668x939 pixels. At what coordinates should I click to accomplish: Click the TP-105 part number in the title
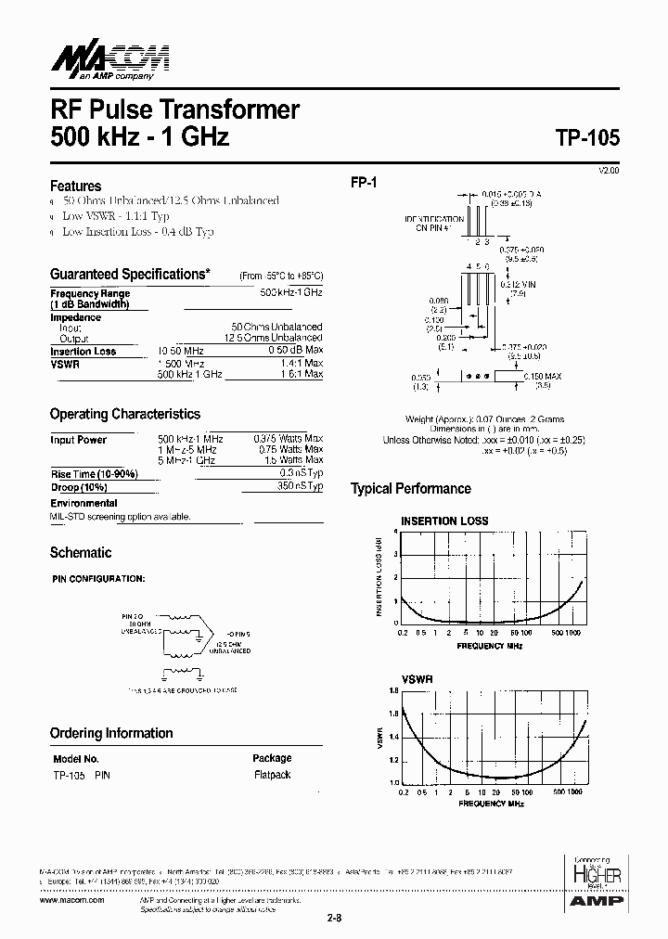[587, 136]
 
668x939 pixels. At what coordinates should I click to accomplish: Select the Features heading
[75, 186]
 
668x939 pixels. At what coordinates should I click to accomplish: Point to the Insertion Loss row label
[83, 352]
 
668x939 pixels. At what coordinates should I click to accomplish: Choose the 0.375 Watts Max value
[288, 439]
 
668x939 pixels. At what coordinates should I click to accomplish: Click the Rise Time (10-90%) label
[94, 474]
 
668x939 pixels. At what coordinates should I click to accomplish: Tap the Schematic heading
[80, 553]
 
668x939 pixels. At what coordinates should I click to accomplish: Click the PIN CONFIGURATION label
[97, 579]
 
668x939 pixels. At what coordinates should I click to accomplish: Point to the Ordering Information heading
[111, 733]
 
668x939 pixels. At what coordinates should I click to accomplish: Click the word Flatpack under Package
[272, 775]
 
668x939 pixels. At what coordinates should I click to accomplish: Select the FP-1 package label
[363, 184]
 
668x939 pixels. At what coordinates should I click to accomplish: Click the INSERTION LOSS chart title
[443, 521]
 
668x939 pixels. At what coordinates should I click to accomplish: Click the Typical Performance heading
[410, 489]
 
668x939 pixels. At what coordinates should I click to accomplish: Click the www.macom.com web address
[71, 899]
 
